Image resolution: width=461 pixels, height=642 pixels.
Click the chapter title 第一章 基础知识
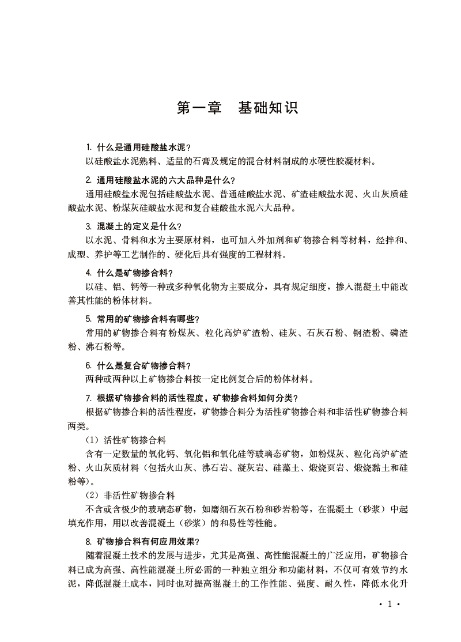pos(237,108)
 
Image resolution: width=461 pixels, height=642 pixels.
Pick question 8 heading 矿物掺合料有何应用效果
pos(142,541)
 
